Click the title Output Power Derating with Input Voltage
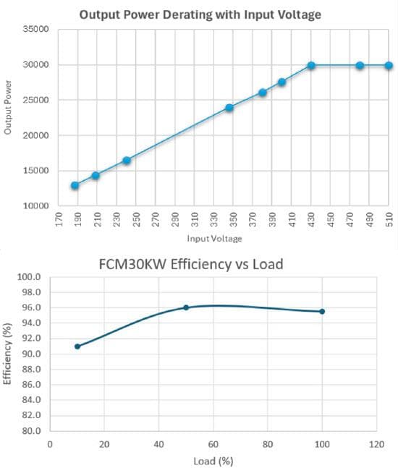coord(199,14)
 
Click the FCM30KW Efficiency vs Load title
coord(190,264)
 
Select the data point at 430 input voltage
coord(311,66)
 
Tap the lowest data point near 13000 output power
coord(75,185)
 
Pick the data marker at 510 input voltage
coord(389,66)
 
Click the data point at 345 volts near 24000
coord(229,108)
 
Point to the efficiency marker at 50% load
coord(186,307)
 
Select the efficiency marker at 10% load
coord(77,346)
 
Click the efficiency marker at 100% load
coord(322,311)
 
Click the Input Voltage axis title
coord(215,239)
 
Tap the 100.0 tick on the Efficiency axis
coord(30,277)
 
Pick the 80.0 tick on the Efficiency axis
coord(30,431)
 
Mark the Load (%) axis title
coord(213,459)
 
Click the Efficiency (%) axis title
coord(9,354)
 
